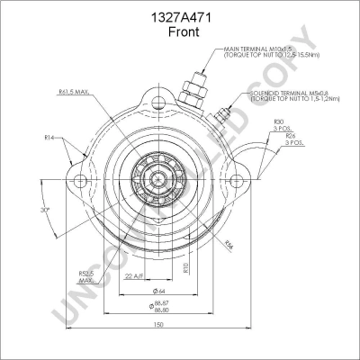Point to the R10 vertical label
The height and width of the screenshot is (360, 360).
[x=185, y=266]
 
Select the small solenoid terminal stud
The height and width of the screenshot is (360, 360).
[x=225, y=114]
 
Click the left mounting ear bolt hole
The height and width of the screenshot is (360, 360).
[x=73, y=186]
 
